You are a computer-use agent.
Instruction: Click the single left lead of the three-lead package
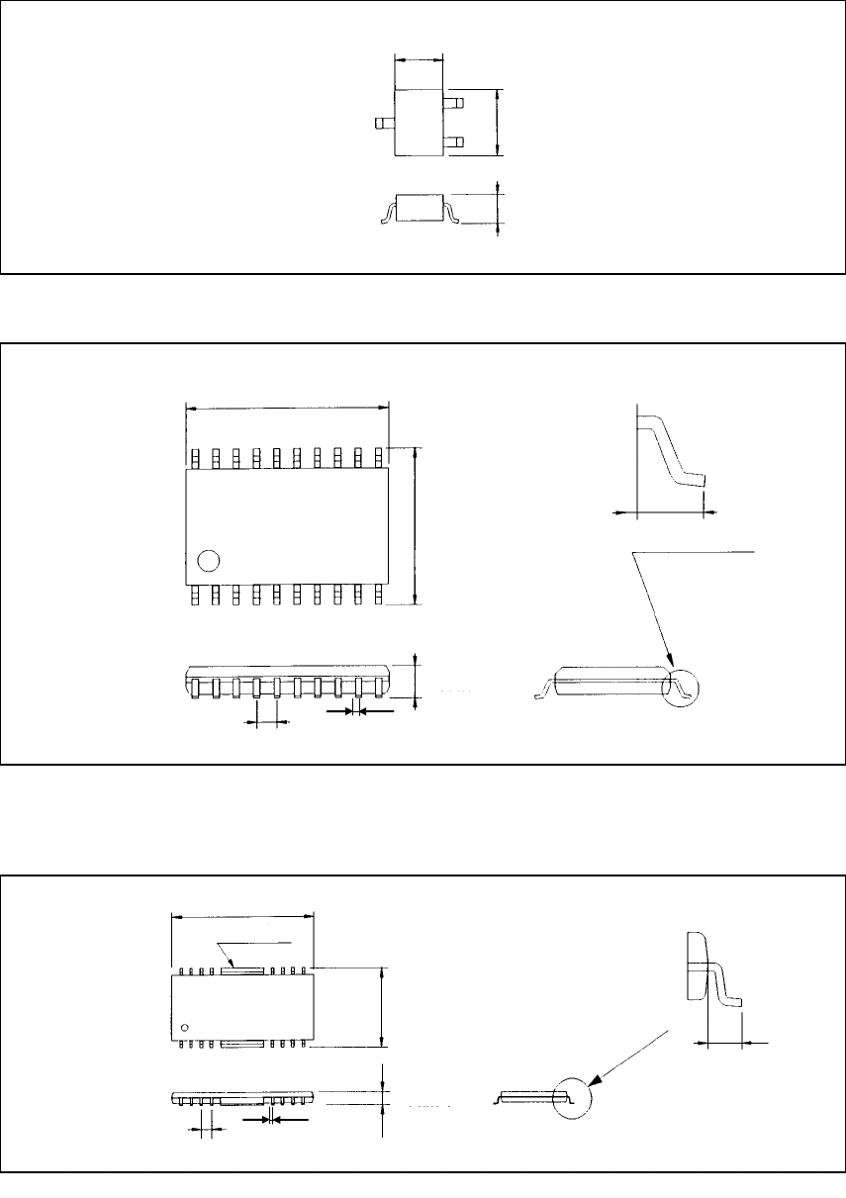383,124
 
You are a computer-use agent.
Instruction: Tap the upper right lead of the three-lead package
454,102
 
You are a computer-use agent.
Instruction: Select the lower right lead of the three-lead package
454,141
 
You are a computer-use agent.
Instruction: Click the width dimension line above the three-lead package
419,59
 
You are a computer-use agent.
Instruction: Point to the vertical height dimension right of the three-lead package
498,122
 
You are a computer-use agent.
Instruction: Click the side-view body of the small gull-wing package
419,206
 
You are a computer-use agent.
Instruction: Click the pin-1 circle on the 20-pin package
208,561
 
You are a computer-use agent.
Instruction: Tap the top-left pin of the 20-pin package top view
196,457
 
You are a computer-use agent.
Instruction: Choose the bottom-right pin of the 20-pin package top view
378,594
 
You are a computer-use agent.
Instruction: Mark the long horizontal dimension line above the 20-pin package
287,407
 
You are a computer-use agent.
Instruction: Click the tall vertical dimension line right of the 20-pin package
416,524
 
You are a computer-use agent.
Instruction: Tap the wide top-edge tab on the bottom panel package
242,970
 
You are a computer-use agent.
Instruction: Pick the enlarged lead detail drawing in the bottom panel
712,974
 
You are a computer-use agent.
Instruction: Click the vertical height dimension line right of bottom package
382,1006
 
